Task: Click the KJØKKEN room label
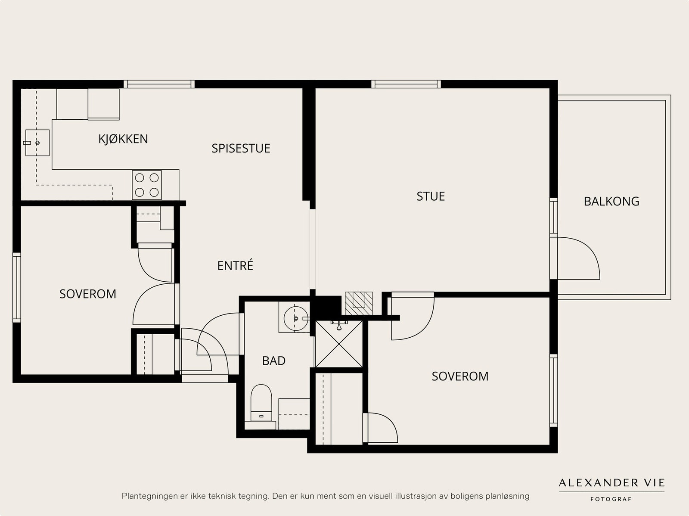(123, 139)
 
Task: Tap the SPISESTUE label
(241, 149)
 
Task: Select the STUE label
(431, 196)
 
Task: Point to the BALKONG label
(611, 202)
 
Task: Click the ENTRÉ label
(235, 265)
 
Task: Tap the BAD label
(274, 361)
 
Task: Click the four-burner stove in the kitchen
(146, 185)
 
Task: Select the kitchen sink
(37, 143)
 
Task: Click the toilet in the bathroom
(261, 403)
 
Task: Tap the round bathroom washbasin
(296, 318)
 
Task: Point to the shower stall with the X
(339, 344)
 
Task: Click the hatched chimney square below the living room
(359, 303)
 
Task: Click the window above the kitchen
(159, 84)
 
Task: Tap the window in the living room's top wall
(406, 84)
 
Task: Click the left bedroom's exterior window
(17, 287)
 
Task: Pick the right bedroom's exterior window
(554, 391)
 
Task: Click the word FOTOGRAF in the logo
(611, 499)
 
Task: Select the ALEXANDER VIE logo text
(611, 482)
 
